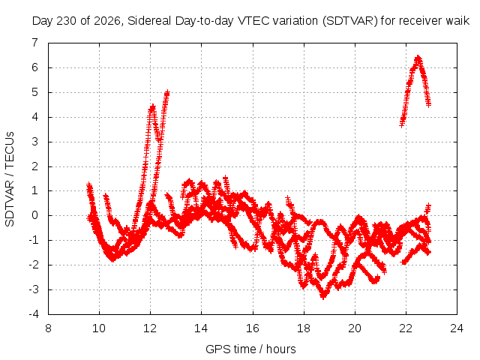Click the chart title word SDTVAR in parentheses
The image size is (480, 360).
350,21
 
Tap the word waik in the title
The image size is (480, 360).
457,21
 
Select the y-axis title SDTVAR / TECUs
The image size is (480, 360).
10,179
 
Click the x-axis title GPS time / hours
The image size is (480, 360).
250,349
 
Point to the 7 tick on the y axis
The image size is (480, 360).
35,43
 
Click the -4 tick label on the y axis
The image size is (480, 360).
34,314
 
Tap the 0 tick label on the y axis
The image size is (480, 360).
35,215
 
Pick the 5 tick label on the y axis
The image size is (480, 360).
35,92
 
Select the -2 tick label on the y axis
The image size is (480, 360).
34,265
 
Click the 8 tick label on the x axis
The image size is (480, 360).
48,328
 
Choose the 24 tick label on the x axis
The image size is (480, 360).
457,328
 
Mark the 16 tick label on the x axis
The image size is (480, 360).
253,328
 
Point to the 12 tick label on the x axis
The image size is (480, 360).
150,328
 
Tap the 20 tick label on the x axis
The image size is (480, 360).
355,328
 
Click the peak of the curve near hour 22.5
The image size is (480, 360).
418,57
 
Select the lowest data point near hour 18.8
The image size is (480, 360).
323,296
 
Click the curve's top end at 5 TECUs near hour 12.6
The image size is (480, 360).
167,92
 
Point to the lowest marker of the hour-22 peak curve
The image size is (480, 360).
402,124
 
